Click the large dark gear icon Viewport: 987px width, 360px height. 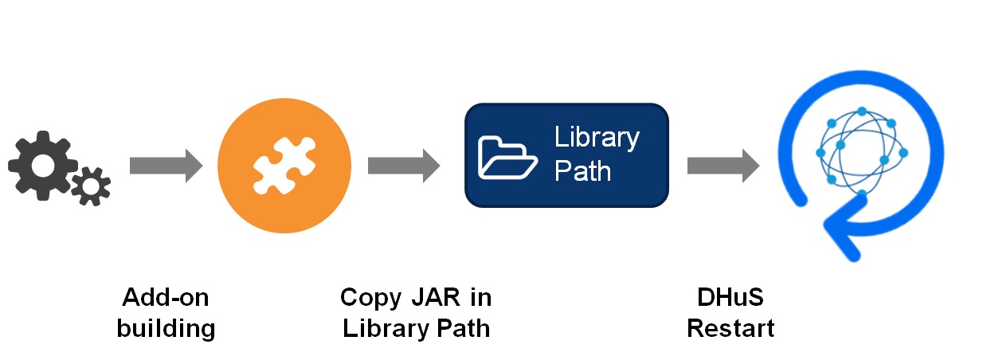click(43, 166)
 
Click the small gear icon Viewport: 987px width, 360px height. click(91, 186)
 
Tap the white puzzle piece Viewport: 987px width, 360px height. click(284, 165)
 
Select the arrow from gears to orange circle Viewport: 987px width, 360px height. click(166, 166)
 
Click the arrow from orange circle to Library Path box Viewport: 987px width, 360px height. click(404, 166)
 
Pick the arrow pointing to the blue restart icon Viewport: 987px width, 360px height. click(723, 166)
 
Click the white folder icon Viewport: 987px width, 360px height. click(507, 158)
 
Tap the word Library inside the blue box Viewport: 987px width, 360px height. click(597, 138)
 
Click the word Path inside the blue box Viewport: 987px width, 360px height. click(582, 170)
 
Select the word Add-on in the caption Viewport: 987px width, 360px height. click(166, 297)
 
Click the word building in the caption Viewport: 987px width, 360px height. click(166, 329)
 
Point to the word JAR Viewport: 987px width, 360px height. click(436, 297)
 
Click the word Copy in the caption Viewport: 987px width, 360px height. click(371, 299)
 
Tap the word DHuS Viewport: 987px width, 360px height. click(730, 297)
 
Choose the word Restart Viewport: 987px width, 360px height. click(730, 329)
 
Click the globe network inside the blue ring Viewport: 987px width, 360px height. click(862, 152)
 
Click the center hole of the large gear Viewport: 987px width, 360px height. click(43, 166)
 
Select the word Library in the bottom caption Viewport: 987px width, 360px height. click(386, 329)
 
